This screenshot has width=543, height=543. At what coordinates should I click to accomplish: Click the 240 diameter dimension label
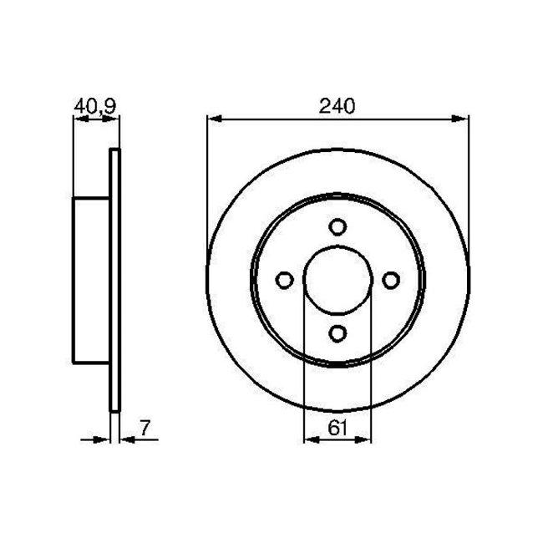(337, 105)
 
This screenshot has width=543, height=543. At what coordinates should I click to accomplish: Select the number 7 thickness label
(145, 428)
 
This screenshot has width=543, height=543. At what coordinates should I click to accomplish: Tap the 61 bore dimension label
(337, 428)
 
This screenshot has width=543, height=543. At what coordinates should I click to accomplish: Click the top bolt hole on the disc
(337, 227)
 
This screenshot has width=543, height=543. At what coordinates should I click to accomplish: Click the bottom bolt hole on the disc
(337, 333)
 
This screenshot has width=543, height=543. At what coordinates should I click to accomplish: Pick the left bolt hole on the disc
(284, 281)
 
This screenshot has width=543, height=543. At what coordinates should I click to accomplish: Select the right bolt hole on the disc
(390, 281)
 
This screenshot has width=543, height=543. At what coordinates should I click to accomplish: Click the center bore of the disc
(337, 281)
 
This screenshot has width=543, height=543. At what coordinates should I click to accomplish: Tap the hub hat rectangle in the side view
(92, 281)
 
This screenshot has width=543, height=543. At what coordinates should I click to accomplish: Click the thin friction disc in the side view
(115, 281)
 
